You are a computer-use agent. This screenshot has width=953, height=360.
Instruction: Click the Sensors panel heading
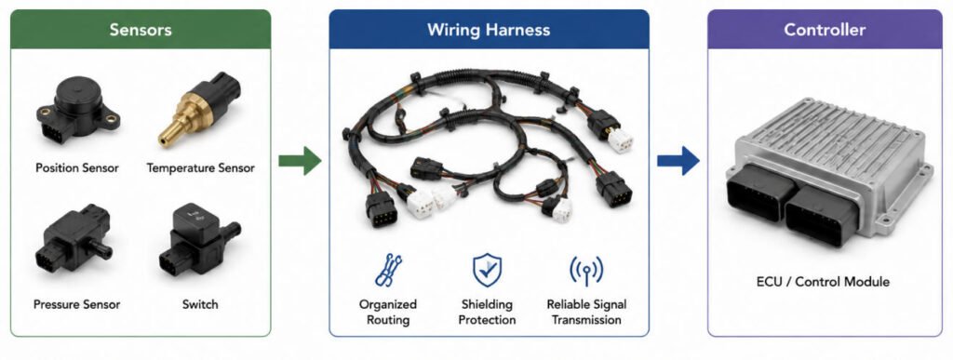[141, 29]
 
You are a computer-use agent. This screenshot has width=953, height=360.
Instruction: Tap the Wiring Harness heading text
[489, 30]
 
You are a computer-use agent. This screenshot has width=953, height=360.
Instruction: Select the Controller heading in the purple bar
[825, 29]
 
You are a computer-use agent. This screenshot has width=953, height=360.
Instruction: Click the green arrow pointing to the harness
[300, 160]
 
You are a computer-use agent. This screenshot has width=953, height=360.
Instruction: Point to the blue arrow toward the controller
[678, 160]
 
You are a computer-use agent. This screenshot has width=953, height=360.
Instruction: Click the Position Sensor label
[77, 167]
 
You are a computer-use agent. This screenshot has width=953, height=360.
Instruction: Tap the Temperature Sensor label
[201, 167]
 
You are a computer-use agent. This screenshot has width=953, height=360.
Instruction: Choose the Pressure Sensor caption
[77, 304]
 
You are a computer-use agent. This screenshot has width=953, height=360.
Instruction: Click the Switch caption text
[200, 304]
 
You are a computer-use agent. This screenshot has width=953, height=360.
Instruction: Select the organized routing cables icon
[388, 270]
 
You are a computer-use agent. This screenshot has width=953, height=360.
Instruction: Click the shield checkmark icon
[488, 270]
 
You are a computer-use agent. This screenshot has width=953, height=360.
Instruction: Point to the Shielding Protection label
[487, 312]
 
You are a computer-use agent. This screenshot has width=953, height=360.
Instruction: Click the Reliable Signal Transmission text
[586, 312]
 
